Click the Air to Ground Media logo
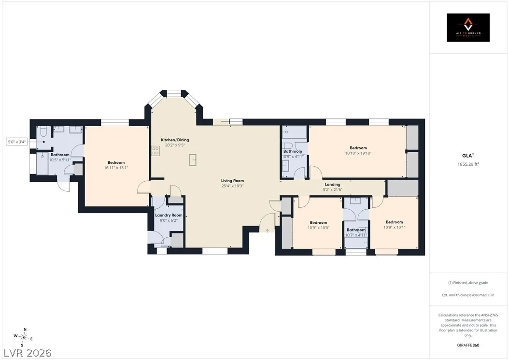pyautogui.click(x=468, y=28)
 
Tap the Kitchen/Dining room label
pyautogui.click(x=175, y=140)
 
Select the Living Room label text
pyautogui.click(x=232, y=181)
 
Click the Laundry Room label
pyautogui.click(x=169, y=215)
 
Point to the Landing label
pyautogui.click(x=332, y=184)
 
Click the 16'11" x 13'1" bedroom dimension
pyautogui.click(x=116, y=168)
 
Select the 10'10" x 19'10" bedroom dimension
pyautogui.click(x=358, y=153)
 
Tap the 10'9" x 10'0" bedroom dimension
pyautogui.click(x=318, y=228)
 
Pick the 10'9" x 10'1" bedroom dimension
pyautogui.click(x=395, y=228)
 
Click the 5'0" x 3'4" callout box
pyautogui.click(x=17, y=142)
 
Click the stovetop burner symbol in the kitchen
pyautogui.click(x=156, y=150)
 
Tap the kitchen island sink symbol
pyautogui.click(x=193, y=159)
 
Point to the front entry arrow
pyautogui.click(x=267, y=230)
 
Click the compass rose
pyautogui.click(x=24, y=337)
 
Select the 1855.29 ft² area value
pyautogui.click(x=468, y=164)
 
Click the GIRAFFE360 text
pyautogui.click(x=468, y=345)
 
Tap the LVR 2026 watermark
pyautogui.click(x=28, y=353)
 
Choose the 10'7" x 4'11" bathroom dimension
pyautogui.click(x=356, y=235)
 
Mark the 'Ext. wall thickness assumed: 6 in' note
pyautogui.click(x=468, y=295)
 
